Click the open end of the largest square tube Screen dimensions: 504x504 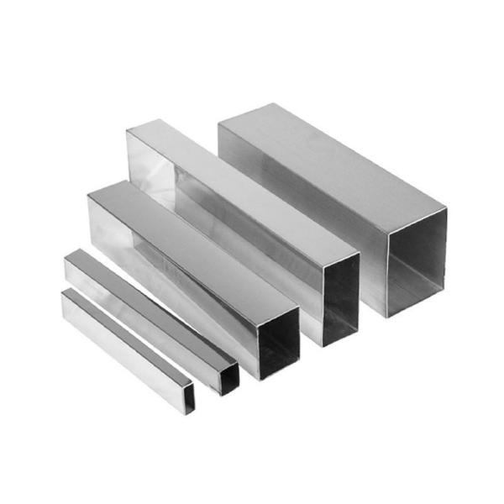417,260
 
